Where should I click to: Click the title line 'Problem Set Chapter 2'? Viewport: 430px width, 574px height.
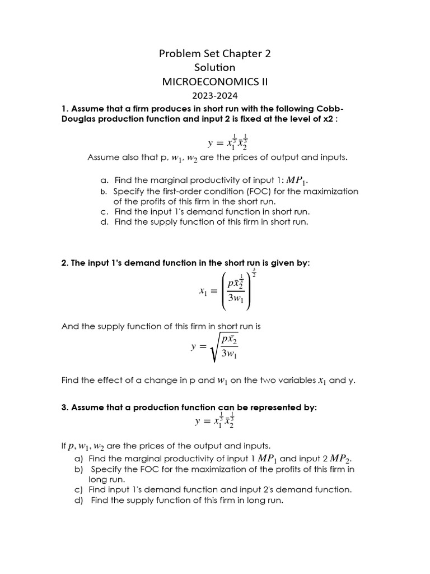[215, 54]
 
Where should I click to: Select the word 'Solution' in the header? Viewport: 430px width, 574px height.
[215, 67]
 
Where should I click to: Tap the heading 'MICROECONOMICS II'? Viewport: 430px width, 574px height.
[215, 82]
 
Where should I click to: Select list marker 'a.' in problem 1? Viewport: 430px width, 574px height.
[104, 180]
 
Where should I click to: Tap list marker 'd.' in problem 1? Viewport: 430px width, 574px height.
[104, 222]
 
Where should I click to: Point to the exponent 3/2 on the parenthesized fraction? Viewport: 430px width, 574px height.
[254, 273]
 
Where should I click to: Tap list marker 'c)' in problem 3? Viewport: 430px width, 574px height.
[78, 489]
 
